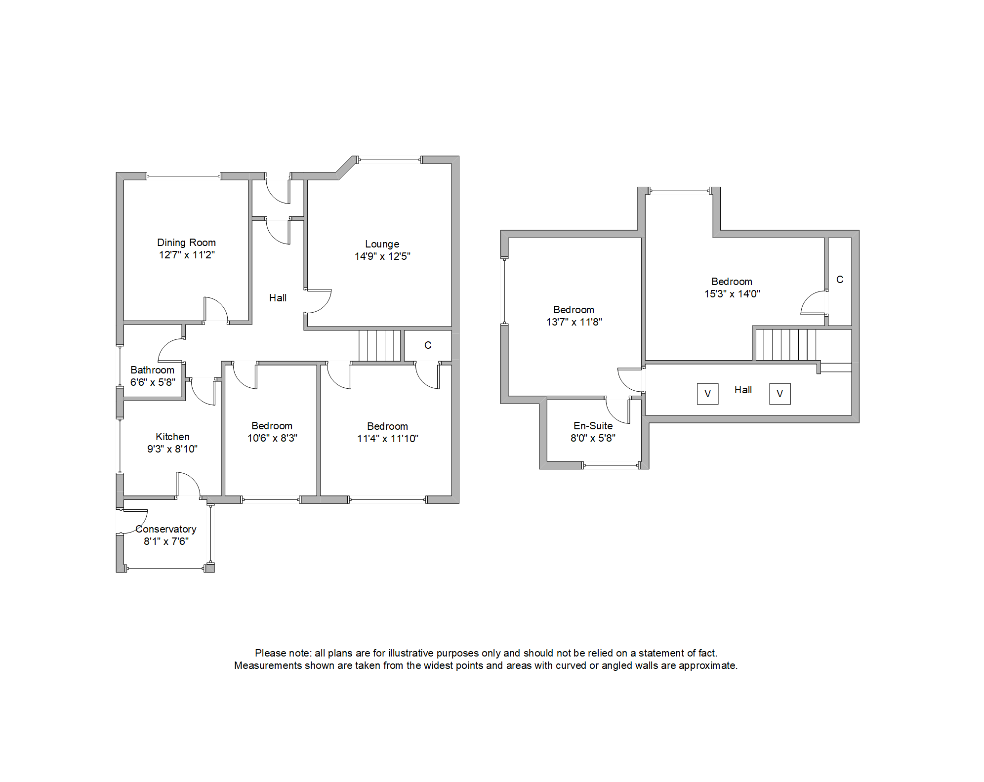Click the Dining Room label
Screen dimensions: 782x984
click(x=186, y=243)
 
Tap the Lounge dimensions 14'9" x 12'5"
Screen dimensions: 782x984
click(x=382, y=256)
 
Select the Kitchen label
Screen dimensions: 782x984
click(x=172, y=437)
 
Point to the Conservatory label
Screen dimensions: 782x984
click(x=166, y=529)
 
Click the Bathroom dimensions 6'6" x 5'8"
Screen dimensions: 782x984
click(x=153, y=382)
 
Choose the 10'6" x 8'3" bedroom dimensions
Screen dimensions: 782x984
click(x=272, y=438)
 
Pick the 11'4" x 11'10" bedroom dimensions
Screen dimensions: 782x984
click(x=387, y=439)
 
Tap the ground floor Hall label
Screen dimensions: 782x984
click(x=278, y=298)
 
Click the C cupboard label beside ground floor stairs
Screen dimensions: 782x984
click(x=428, y=345)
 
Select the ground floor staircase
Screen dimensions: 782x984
click(x=379, y=346)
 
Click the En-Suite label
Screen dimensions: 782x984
click(x=593, y=426)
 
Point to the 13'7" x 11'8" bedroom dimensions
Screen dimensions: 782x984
click(x=574, y=322)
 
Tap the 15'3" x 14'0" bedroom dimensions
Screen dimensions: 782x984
click(x=732, y=294)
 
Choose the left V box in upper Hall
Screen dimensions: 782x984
click(x=707, y=394)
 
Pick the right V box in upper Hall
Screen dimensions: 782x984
click(x=779, y=394)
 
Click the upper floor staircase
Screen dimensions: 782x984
click(x=785, y=345)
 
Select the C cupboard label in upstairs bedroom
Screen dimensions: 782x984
click(x=840, y=280)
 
